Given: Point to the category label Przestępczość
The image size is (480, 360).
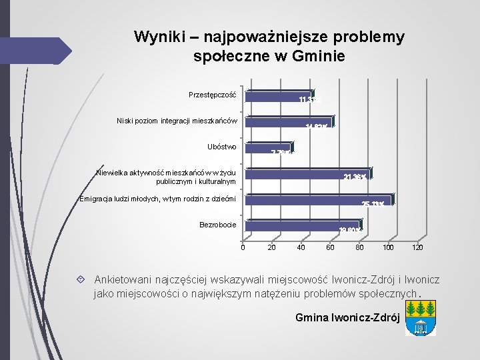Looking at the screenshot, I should [x=212, y=95].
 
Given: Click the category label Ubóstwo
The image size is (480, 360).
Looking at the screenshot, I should [x=222, y=147].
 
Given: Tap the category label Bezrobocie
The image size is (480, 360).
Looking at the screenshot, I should [x=217, y=225].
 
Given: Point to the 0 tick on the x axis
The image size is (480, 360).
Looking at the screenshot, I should [x=243, y=248].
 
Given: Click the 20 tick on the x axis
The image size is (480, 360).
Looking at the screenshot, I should [x=271, y=248].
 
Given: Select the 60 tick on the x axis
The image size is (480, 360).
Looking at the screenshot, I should [x=330, y=248].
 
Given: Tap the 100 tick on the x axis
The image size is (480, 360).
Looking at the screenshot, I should [x=388, y=248].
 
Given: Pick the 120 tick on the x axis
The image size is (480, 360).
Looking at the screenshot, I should [x=417, y=248].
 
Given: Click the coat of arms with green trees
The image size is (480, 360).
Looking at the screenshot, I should [x=420, y=317].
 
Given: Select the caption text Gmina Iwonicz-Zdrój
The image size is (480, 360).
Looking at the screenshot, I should [x=347, y=317].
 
